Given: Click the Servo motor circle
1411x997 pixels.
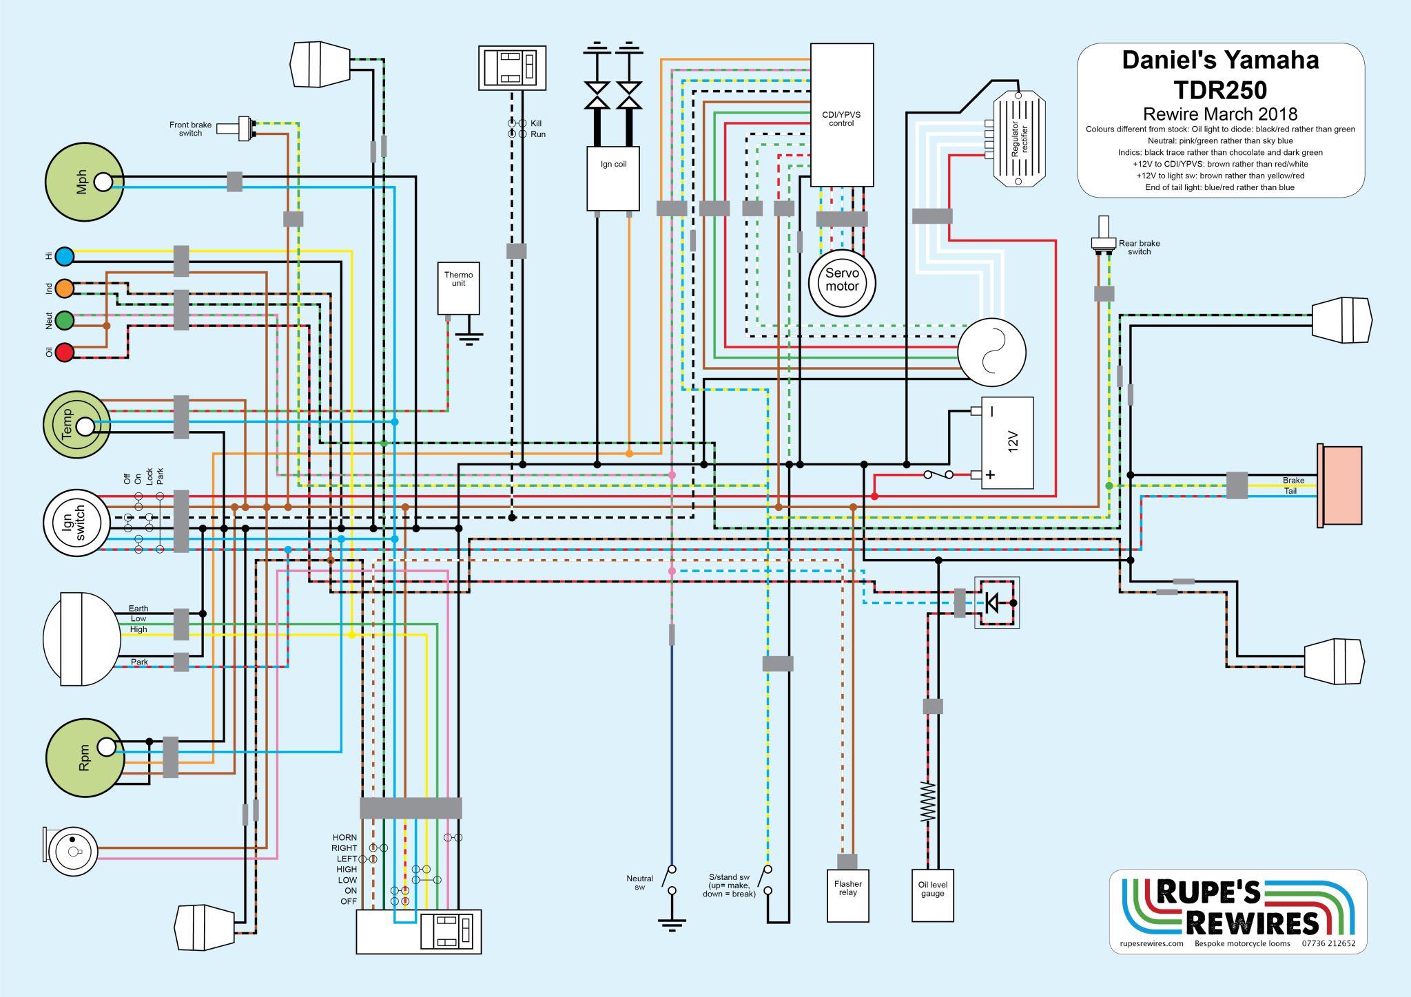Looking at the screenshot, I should (841, 282).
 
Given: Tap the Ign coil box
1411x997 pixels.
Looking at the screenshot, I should (612, 178).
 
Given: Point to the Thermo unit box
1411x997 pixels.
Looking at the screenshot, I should (458, 288).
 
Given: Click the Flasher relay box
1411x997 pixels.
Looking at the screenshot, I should (847, 895).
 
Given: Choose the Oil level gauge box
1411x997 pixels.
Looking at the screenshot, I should (932, 895).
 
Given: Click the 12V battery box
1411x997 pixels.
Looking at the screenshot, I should (1007, 443).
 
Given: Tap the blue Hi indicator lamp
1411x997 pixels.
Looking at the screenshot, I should (65, 257).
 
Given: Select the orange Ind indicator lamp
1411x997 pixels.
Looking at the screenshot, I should (65, 288).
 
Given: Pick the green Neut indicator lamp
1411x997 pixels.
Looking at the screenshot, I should (65, 320).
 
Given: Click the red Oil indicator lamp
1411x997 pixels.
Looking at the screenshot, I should (65, 352).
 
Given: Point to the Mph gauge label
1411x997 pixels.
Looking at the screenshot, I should (82, 182).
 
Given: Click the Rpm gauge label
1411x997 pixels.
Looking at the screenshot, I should (84, 757).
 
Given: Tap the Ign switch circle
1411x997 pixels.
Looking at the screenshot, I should (76, 523).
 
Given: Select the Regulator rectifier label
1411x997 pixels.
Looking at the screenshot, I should (1019, 139).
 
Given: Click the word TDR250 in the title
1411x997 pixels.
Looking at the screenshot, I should (1220, 90).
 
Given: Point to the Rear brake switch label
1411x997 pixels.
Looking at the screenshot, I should (1139, 247).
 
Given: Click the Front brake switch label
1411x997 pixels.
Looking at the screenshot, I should (190, 129).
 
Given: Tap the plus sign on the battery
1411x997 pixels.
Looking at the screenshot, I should (990, 475).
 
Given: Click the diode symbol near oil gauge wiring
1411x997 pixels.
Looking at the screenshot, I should (992, 602).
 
